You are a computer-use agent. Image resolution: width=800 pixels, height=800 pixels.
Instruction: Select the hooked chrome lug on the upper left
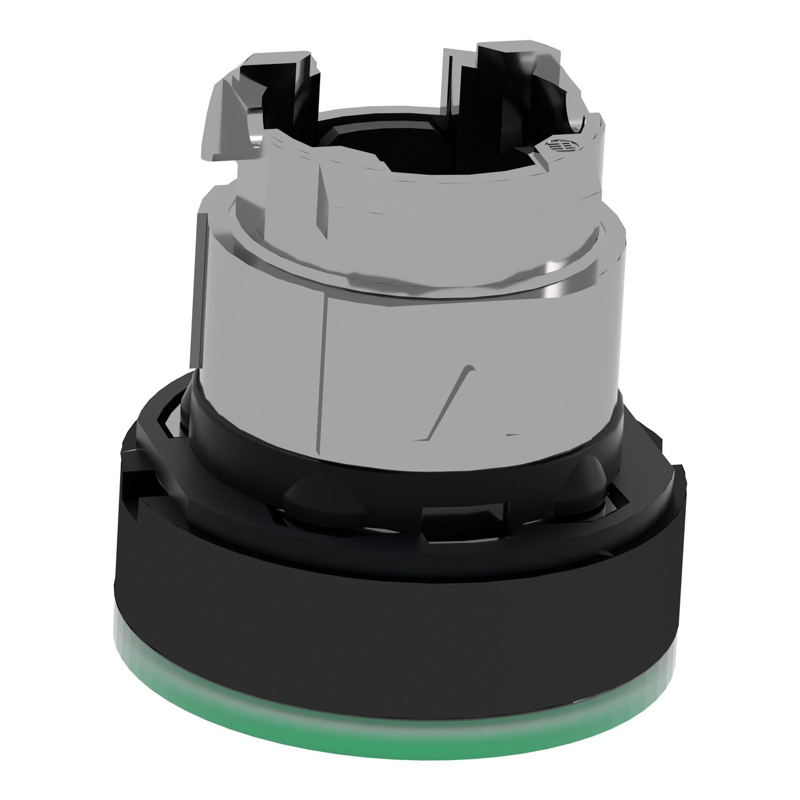coord(235,123)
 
